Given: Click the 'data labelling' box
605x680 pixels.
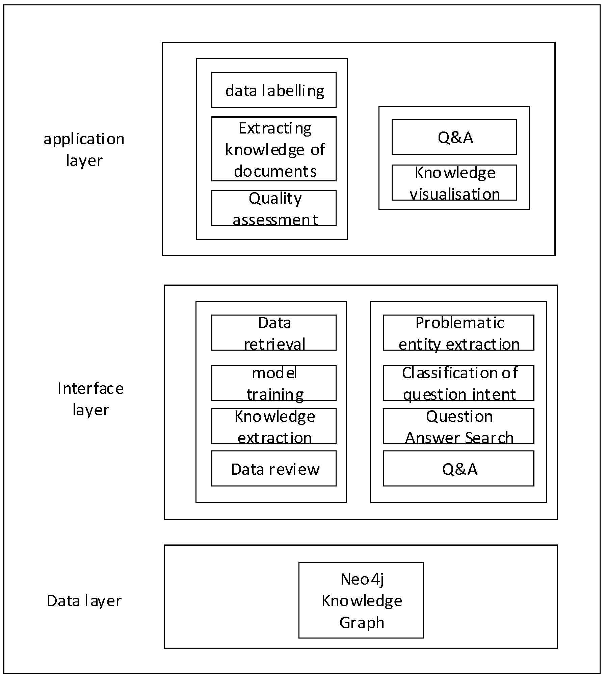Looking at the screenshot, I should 274,90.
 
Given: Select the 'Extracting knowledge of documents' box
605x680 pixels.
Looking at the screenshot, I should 274,149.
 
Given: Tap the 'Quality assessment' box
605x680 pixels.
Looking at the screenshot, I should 274,208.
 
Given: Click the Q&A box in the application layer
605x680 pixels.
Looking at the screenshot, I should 454,137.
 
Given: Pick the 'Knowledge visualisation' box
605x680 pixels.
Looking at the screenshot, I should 454,183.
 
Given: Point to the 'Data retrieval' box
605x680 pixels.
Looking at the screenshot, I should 274,333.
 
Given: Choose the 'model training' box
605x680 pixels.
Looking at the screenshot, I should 274,383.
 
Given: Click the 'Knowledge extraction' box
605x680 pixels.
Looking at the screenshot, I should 274,426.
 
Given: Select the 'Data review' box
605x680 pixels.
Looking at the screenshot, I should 274,469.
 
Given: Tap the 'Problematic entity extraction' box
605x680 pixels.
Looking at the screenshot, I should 458,333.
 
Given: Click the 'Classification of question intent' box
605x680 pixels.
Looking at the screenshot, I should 458,383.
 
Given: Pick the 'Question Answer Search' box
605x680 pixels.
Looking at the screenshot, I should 458,426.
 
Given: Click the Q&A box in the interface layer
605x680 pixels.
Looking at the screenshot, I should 458,469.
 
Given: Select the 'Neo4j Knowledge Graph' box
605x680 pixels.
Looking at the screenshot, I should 361,600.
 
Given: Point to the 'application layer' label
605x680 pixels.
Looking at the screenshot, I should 84,149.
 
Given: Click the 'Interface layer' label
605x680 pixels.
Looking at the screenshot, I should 90,399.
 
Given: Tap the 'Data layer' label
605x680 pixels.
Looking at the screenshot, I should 84,601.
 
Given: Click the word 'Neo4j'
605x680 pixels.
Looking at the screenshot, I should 362,579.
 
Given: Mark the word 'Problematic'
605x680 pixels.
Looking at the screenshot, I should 459,323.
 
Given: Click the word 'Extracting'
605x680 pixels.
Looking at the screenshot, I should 275,128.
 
